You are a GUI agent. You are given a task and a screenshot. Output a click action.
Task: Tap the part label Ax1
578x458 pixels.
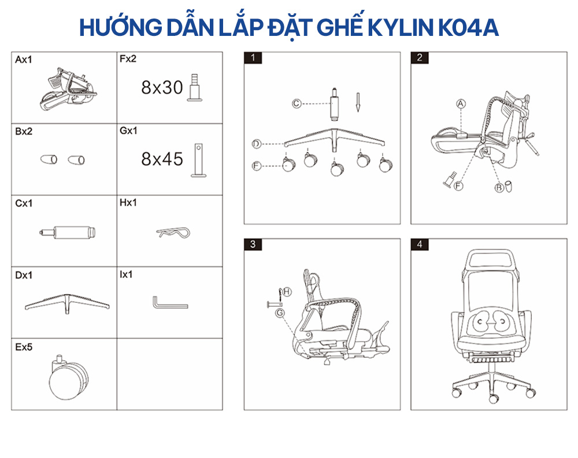click(24, 60)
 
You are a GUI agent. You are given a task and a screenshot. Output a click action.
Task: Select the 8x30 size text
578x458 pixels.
click(162, 87)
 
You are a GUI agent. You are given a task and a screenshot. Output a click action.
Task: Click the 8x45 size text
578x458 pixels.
click(162, 159)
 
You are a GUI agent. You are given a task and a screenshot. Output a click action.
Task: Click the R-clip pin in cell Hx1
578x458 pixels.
click(173, 233)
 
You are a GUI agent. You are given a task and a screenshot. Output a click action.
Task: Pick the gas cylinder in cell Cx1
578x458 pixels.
click(68, 232)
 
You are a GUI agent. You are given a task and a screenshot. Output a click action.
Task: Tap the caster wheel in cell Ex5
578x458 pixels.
click(69, 377)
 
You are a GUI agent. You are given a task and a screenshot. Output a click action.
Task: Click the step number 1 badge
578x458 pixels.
click(253, 58)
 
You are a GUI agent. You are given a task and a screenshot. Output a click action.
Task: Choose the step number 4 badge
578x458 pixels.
click(420, 244)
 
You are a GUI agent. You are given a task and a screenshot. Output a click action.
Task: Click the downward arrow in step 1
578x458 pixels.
click(358, 102)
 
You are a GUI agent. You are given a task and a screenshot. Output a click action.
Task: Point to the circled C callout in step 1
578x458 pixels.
click(297, 104)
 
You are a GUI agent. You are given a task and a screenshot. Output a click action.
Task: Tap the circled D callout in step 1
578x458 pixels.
click(256, 144)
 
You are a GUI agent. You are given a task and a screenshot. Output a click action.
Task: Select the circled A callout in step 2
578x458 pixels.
click(461, 104)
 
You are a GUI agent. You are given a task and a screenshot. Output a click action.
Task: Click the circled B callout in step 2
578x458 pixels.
click(499, 188)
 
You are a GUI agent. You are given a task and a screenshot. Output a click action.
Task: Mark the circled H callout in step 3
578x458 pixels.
click(287, 292)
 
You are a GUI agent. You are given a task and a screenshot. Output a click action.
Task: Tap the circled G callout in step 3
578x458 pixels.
click(280, 313)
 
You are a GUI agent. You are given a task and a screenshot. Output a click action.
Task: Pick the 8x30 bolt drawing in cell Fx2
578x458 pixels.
click(195, 87)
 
